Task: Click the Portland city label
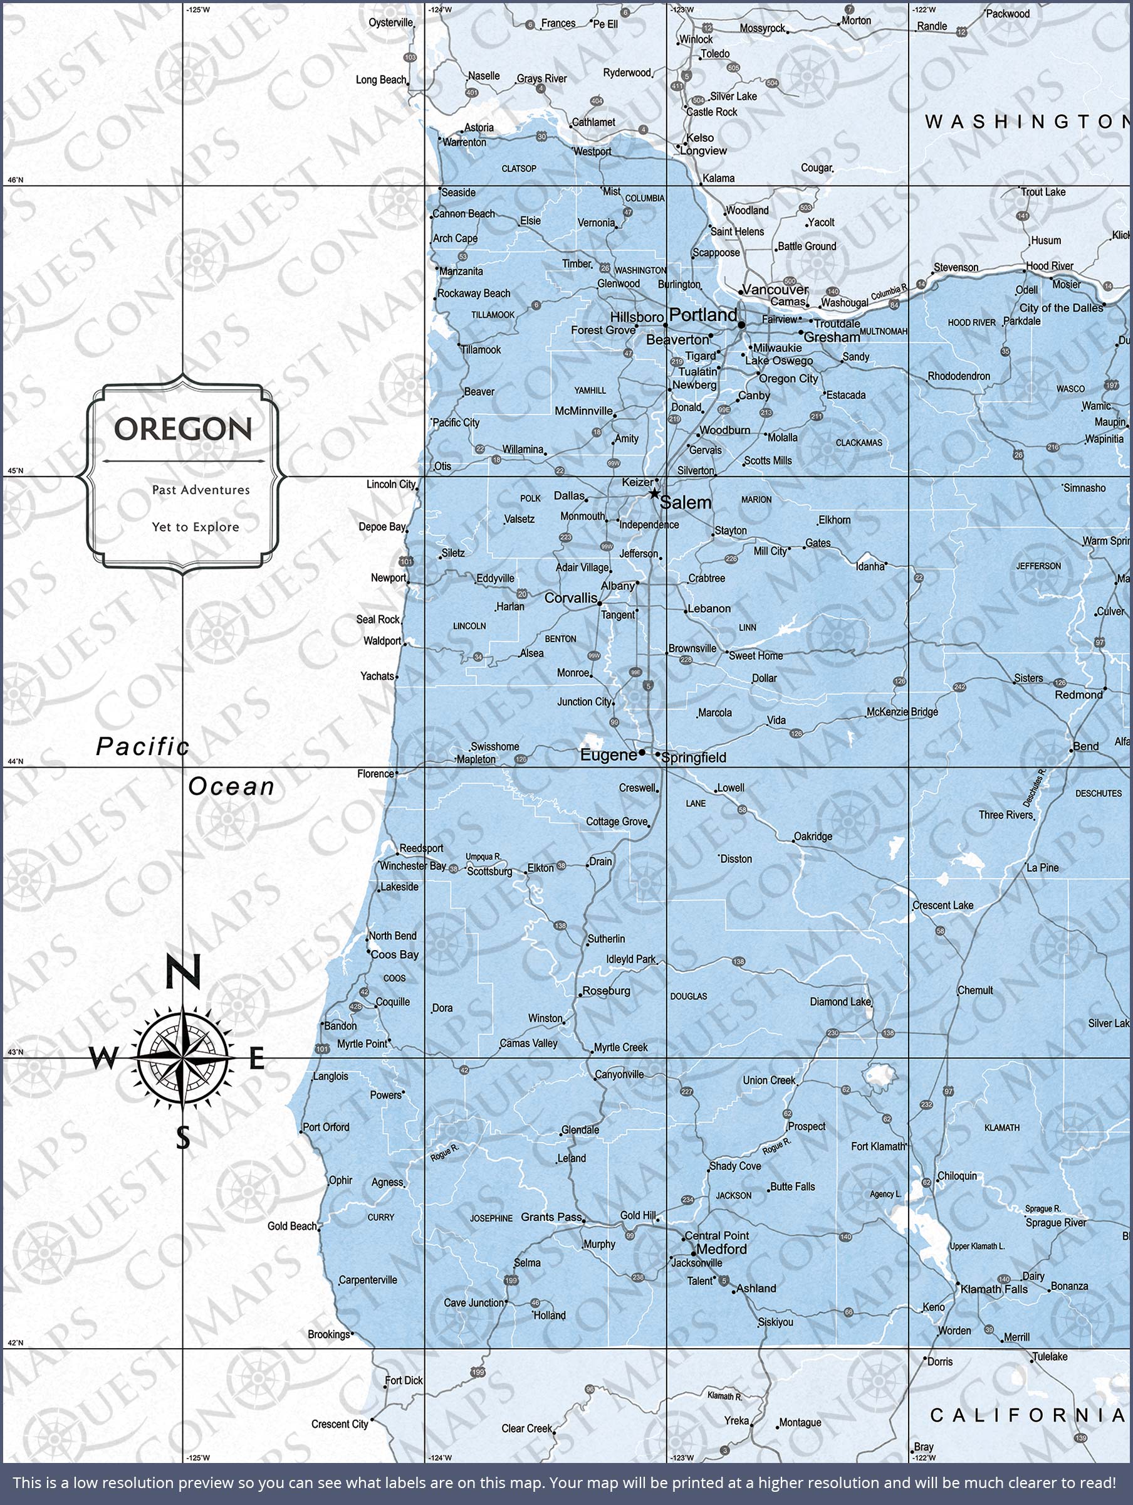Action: tap(703, 315)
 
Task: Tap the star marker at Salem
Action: tap(654, 494)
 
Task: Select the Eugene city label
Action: tap(608, 754)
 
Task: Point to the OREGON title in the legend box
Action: tap(183, 429)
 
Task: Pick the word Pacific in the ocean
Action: tap(142, 746)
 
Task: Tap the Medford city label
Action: tap(721, 1249)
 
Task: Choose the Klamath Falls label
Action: tap(994, 1289)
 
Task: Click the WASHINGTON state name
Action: tap(1027, 122)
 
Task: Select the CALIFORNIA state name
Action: tap(1027, 1415)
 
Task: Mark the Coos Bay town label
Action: tap(394, 954)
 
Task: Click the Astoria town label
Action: tap(479, 128)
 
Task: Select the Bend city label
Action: tap(1085, 746)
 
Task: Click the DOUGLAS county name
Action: tap(688, 996)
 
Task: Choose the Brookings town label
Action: tap(328, 1334)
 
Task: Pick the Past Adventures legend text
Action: tap(201, 490)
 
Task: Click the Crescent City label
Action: tap(340, 1424)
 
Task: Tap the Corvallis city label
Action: tap(571, 598)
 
